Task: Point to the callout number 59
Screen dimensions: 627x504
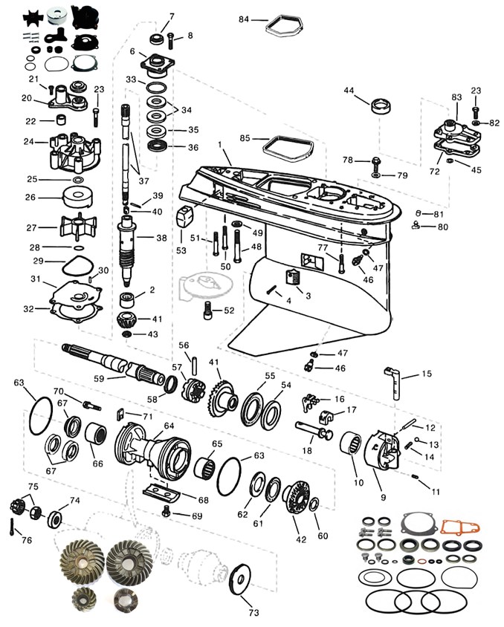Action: pyautogui.click(x=100, y=377)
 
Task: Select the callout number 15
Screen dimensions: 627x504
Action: pyautogui.click(x=426, y=374)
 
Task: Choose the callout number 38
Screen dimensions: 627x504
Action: pyautogui.click(x=162, y=238)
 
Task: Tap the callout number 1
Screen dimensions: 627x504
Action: pyautogui.click(x=220, y=143)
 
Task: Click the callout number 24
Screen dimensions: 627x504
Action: pyautogui.click(x=29, y=141)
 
